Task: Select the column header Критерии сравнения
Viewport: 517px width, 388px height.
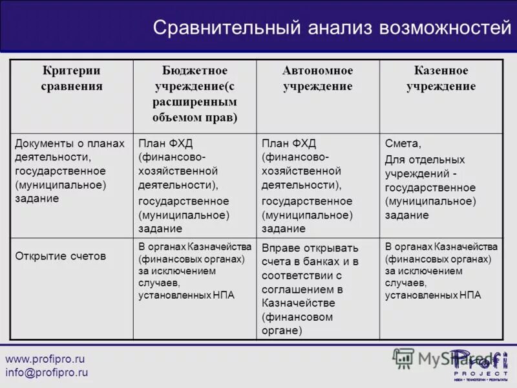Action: coord(72,78)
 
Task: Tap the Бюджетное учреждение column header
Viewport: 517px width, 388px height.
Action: coord(195,94)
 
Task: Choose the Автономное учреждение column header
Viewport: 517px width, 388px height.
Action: coord(317,78)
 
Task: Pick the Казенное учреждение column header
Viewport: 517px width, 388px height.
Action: coord(441,78)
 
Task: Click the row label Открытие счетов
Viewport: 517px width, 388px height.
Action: coord(60,256)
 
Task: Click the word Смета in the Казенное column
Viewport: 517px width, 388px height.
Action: coord(403,144)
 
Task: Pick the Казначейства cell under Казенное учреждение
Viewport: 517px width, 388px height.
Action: coord(441,271)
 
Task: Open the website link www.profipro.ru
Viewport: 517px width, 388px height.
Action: coord(45,359)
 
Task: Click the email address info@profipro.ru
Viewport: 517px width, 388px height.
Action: coord(47,372)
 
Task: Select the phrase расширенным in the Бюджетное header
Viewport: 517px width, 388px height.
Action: coord(195,102)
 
